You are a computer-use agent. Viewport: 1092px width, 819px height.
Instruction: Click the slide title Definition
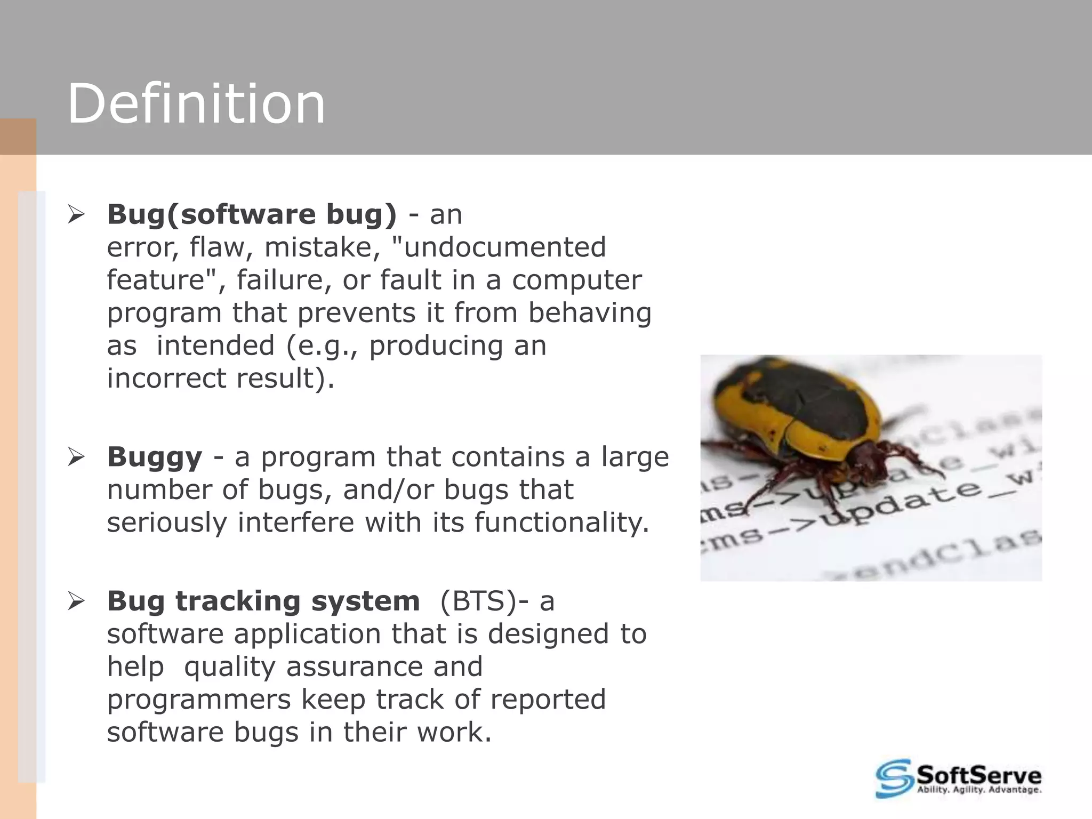[196, 104]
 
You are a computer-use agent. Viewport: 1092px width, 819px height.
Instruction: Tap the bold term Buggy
[155, 457]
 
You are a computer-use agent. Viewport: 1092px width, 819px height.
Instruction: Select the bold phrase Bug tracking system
[263, 601]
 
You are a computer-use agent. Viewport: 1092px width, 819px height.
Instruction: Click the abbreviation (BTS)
[478, 601]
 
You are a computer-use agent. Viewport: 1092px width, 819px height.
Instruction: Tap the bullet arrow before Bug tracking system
[77, 602]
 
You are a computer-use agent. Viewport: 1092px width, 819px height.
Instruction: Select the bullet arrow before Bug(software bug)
[77, 215]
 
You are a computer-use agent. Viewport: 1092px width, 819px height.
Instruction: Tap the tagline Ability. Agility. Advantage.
[978, 790]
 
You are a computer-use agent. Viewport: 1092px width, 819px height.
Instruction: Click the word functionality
[562, 522]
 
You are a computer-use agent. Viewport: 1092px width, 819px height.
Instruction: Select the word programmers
[198, 700]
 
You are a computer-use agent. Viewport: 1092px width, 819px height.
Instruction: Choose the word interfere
[295, 522]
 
